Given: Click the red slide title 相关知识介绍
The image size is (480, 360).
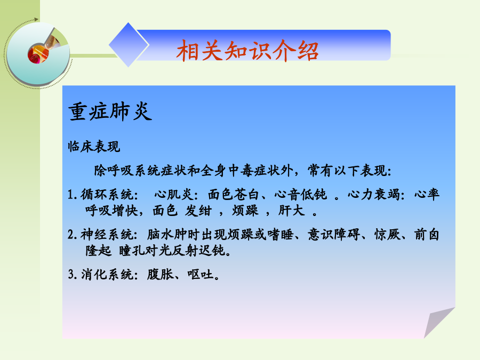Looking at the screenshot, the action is click(247, 51).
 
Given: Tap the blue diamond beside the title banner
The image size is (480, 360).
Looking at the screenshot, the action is click(129, 45).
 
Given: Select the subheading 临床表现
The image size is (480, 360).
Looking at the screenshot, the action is click(94, 146).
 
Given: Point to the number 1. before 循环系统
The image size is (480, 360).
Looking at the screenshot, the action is click(72, 195).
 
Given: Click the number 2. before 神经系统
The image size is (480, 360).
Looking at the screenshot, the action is click(73, 235).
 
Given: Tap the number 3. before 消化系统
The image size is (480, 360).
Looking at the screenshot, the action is click(73, 274).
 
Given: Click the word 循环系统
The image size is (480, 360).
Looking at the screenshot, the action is click(107, 194).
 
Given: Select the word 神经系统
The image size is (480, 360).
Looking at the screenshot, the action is click(107, 235).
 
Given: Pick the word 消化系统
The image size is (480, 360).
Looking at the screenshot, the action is click(107, 274).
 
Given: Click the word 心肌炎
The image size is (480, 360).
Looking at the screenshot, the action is click(173, 194).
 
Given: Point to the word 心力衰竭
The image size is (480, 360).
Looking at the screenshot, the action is click(374, 194).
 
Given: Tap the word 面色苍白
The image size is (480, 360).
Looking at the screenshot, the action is click(234, 194).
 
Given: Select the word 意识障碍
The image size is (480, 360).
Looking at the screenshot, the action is click(334, 235).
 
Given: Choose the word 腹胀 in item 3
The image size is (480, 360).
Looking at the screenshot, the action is click(160, 274).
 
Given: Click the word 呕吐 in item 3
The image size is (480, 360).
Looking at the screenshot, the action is click(201, 274).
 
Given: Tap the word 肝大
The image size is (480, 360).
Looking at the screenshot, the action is click(291, 210).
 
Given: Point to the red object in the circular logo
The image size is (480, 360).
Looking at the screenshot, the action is click(38, 53).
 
